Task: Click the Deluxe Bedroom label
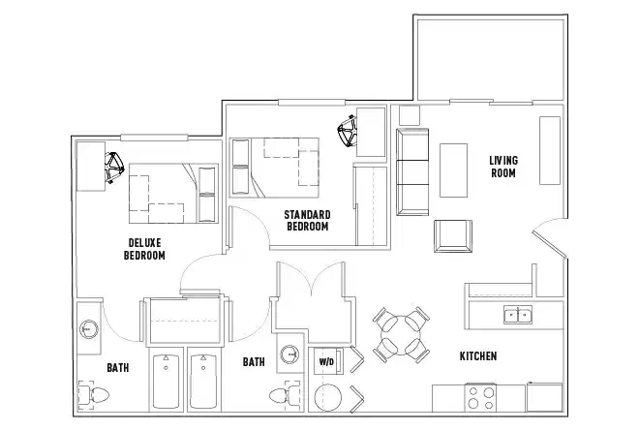tap(144, 249)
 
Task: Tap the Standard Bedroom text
tap(308, 220)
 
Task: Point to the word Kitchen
tap(478, 356)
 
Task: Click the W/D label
tap(325, 362)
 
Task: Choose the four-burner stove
tap(481, 399)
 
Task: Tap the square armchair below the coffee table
tap(452, 235)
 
